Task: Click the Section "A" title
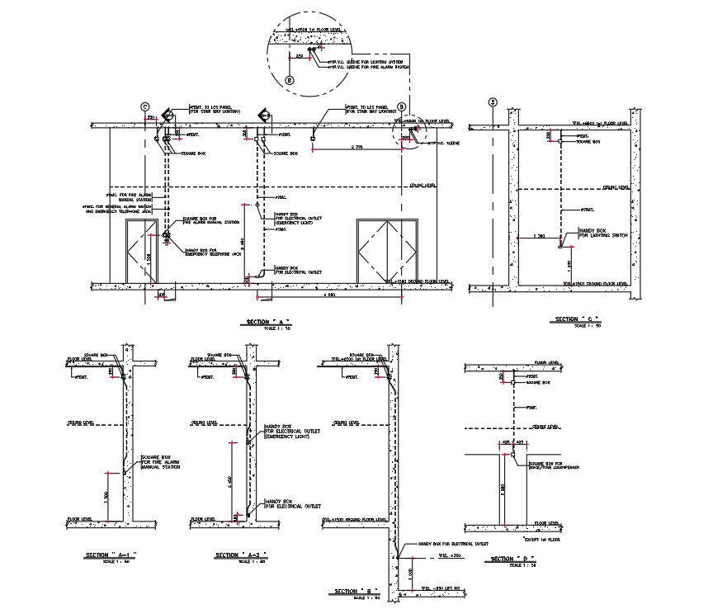click(269, 322)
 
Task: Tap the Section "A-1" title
click(111, 555)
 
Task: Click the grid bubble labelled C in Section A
click(145, 106)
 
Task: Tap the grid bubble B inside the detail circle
click(290, 80)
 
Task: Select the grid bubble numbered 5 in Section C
click(493, 102)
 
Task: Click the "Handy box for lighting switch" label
click(603, 234)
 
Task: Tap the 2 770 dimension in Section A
click(357, 147)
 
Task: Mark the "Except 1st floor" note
click(541, 538)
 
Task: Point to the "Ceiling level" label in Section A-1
click(82, 423)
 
